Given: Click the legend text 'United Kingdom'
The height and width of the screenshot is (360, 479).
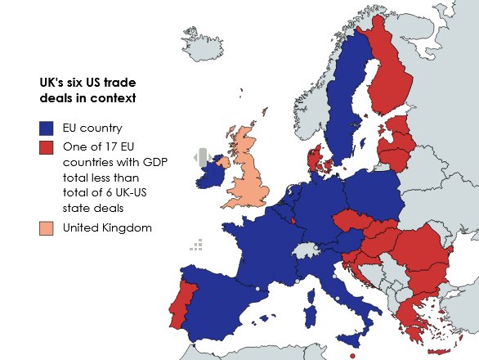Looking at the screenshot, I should point(107,228).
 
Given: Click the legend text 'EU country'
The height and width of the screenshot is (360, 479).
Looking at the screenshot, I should point(92,128).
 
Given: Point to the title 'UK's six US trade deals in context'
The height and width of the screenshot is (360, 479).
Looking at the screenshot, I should point(87,89).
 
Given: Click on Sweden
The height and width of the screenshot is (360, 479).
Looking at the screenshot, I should point(348,98).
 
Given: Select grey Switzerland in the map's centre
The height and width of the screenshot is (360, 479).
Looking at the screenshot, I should point(307,250).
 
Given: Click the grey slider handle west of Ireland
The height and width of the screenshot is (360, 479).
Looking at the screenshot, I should point(202,158).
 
